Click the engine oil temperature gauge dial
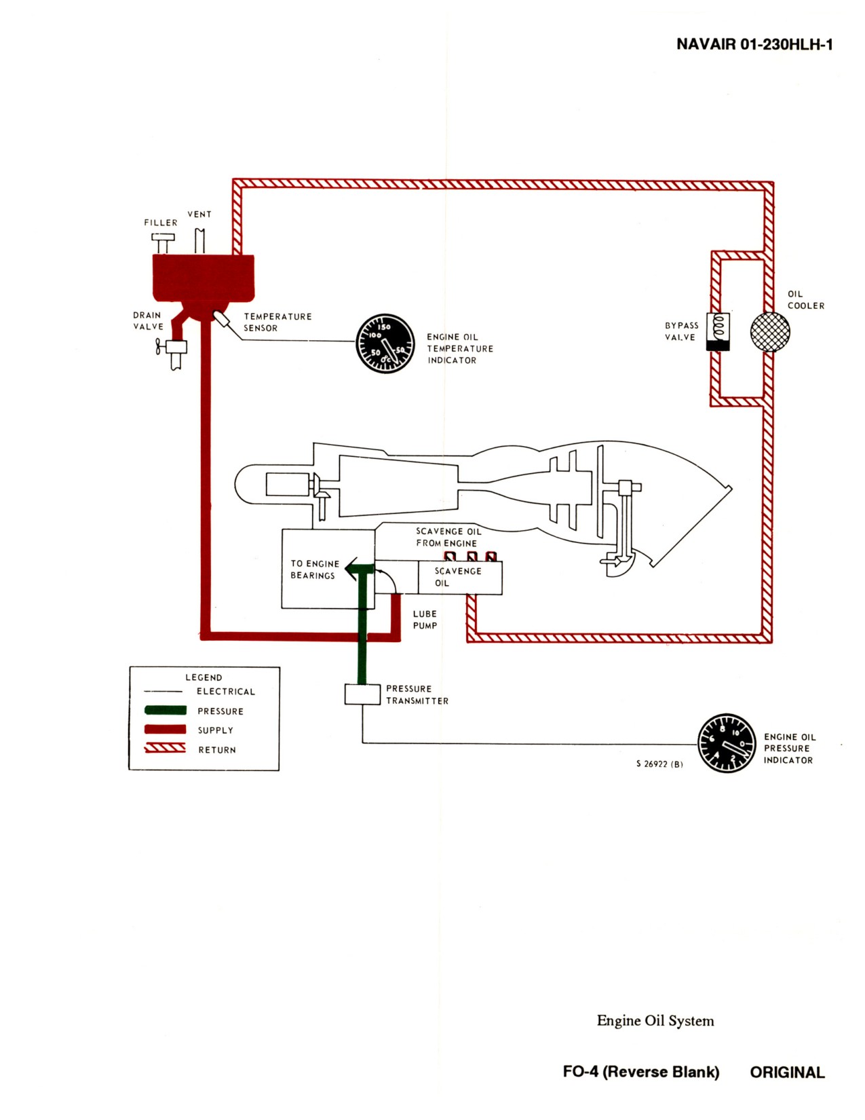385,343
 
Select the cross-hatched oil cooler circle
770,331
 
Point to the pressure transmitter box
362,694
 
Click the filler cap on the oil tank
163,243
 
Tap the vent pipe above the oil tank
200,240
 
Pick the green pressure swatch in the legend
166,710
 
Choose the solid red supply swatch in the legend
166,729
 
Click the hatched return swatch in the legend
165,749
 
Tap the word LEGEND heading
204,677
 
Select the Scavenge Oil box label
457,577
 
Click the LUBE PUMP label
425,620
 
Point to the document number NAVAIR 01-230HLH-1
754,44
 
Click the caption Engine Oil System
655,1020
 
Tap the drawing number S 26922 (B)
659,764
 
